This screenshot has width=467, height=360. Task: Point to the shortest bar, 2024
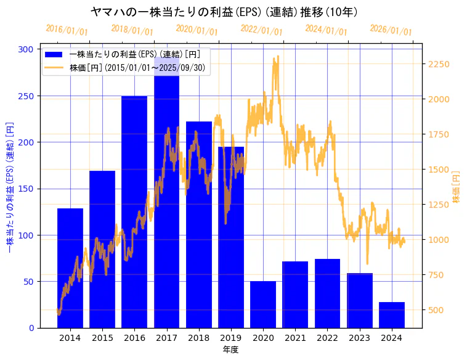point(392,315)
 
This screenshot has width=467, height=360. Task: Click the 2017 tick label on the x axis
point(166,337)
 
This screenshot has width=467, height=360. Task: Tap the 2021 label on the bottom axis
point(295,337)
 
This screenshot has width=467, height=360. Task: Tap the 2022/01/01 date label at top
point(261,30)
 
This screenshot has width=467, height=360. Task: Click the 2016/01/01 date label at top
point(67,30)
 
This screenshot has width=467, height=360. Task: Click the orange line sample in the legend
point(55,68)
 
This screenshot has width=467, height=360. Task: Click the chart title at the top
point(224,12)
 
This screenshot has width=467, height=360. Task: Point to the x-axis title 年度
point(230,349)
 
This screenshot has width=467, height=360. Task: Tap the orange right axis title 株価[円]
point(457,187)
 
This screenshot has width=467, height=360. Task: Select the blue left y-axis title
point(9,187)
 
